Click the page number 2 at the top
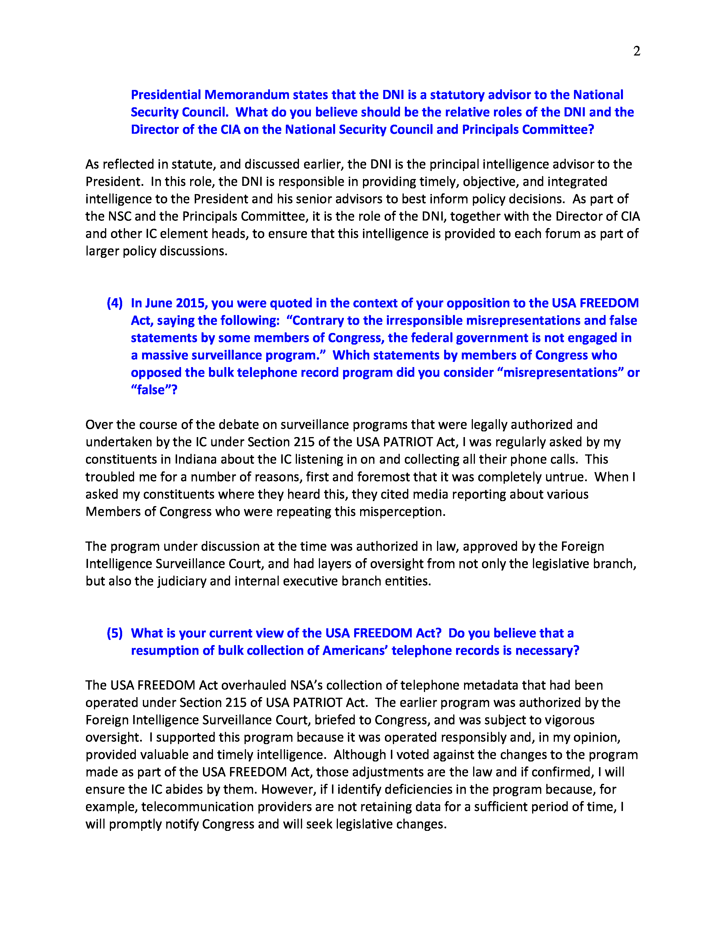tap(637, 51)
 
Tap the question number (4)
tap(114, 303)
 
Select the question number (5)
tap(114, 633)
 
